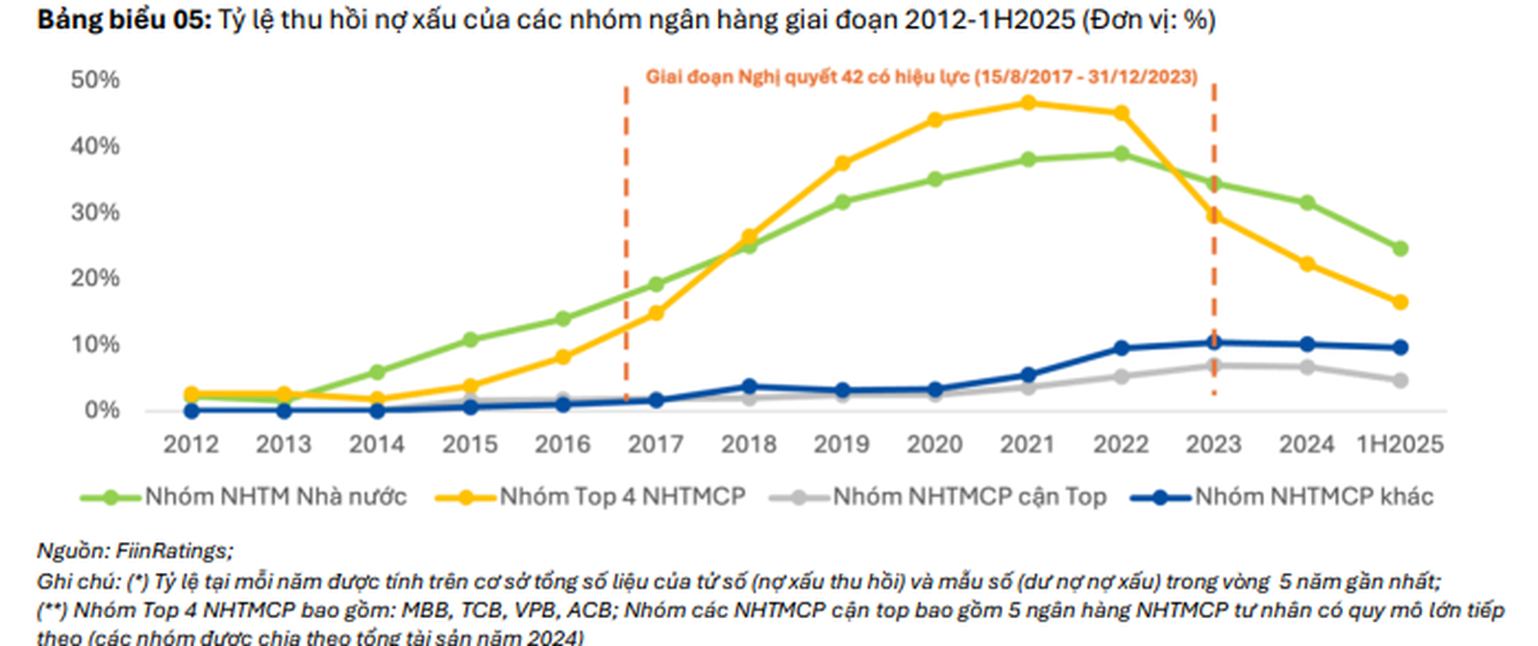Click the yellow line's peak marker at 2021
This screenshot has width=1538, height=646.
pyautogui.click(x=1028, y=103)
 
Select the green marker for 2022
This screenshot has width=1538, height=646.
pyautogui.click(x=1121, y=154)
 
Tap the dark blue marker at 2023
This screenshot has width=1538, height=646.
pyautogui.click(x=1214, y=342)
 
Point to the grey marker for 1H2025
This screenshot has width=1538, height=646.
pyautogui.click(x=1400, y=381)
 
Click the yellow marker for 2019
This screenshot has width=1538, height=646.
pyautogui.click(x=842, y=164)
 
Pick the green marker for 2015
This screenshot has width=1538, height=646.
pyautogui.click(x=470, y=339)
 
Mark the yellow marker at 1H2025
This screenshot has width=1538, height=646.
pyautogui.click(x=1400, y=302)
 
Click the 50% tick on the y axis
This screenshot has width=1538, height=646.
pyautogui.click(x=94, y=80)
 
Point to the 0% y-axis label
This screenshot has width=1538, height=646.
pyautogui.click(x=101, y=410)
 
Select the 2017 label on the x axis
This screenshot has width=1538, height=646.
pyautogui.click(x=656, y=444)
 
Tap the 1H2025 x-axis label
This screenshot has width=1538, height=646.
pyautogui.click(x=1400, y=444)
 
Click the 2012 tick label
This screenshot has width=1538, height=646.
pyautogui.click(x=190, y=444)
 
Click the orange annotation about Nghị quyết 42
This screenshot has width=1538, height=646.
pyautogui.click(x=921, y=77)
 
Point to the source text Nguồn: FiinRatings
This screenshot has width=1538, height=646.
pyautogui.click(x=135, y=551)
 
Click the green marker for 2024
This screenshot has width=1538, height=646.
pyautogui.click(x=1306, y=203)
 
